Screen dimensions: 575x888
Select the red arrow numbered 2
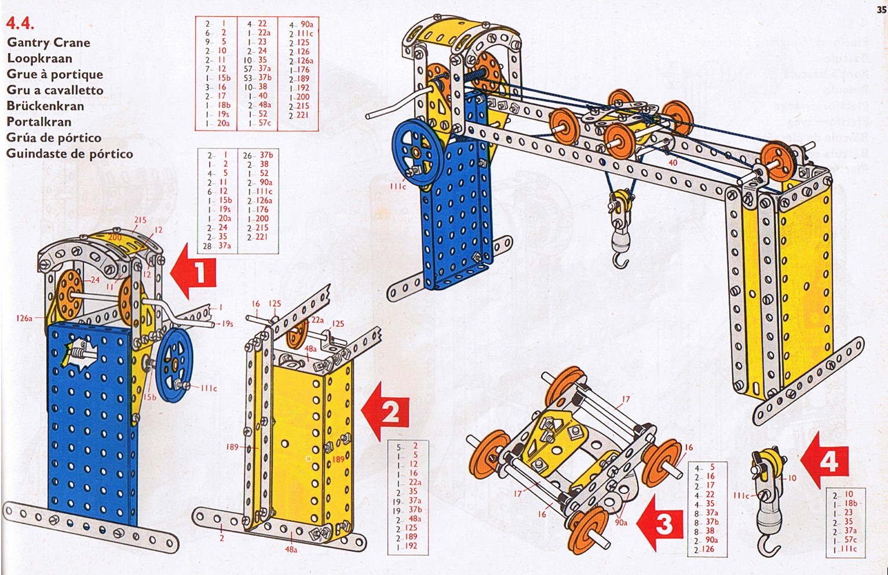[386, 411]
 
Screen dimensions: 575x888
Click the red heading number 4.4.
[20, 24]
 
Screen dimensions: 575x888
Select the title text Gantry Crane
[49, 42]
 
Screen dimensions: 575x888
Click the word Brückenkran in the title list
[45, 106]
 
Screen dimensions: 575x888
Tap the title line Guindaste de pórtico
[70, 154]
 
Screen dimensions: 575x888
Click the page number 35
[881, 9]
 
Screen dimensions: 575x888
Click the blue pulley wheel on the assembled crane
[416, 152]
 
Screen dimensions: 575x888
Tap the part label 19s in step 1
[227, 324]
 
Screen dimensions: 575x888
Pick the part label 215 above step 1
[140, 220]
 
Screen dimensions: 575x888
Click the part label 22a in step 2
[317, 320]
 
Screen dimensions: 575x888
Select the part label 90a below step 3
[621, 522]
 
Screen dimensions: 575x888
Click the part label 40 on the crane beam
[673, 163]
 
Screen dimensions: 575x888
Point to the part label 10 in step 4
[792, 478]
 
